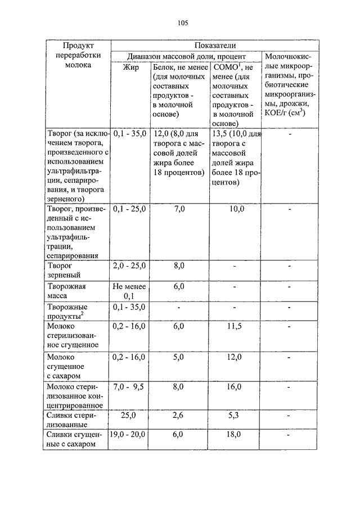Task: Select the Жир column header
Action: pyautogui.click(x=130, y=67)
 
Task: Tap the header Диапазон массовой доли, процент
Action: pyautogui.click(x=186, y=56)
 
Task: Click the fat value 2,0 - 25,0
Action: pyautogui.click(x=130, y=265)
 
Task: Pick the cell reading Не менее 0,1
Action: pyautogui.click(x=130, y=291)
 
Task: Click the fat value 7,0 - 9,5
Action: pyautogui.click(x=130, y=387)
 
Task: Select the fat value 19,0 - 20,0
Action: pyautogui.click(x=130, y=435)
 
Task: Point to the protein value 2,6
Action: pyautogui.click(x=179, y=416)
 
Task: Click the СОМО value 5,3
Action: pyautogui.click(x=235, y=416)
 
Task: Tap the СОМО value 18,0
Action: pyautogui.click(x=235, y=435)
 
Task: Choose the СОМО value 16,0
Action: pyautogui.click(x=235, y=387)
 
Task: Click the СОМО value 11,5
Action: pyautogui.click(x=235, y=326)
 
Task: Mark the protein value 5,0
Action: pyautogui.click(x=179, y=357)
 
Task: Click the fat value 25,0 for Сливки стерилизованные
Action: pyautogui.click(x=130, y=416)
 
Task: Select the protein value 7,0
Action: pyautogui.click(x=179, y=209)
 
